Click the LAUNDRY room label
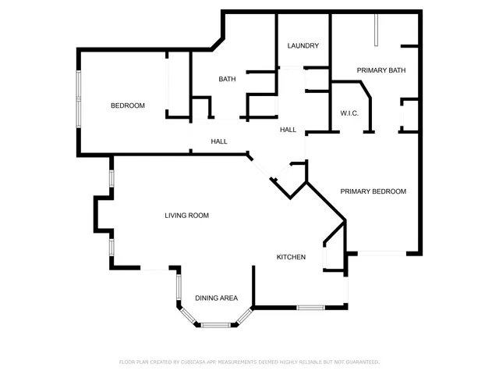(303, 46)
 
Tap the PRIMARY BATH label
(381, 71)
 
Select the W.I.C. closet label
(349, 114)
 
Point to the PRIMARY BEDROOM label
(373, 191)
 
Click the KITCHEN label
(291, 257)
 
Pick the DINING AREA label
(216, 298)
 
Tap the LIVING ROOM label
(186, 216)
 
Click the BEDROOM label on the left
(127, 106)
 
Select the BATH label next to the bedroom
(227, 79)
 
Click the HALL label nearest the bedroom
(219, 141)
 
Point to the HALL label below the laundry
(288, 130)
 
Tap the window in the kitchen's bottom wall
(309, 307)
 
